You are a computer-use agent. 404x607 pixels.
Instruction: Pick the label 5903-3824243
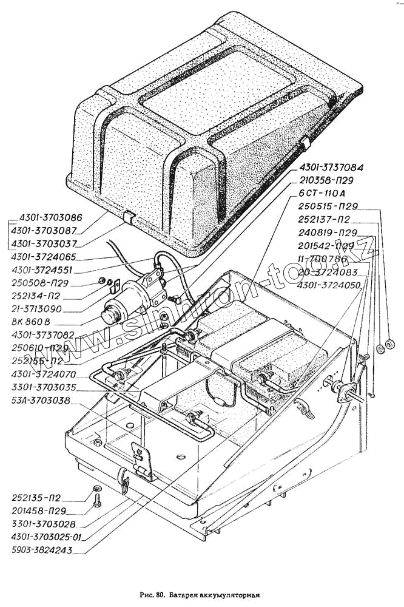(x=42, y=551)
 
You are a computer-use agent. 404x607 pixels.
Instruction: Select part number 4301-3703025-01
(x=47, y=536)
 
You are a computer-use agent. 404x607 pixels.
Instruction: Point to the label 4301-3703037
(x=50, y=243)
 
